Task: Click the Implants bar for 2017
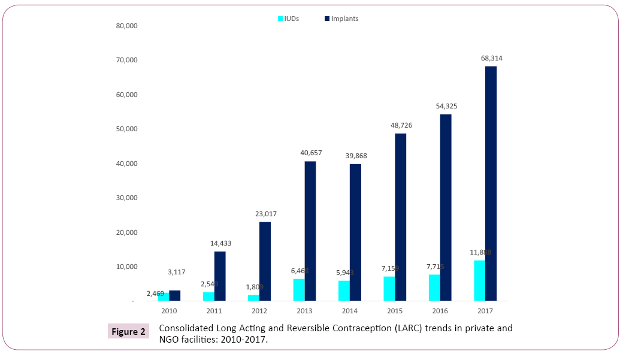[491, 183]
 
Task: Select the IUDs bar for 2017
[479, 280]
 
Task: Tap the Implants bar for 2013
[310, 231]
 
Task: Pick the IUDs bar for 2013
[298, 289]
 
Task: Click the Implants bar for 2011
[220, 276]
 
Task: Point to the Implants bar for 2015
[400, 217]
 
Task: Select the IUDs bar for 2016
[434, 288]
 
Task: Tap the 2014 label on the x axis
[350, 311]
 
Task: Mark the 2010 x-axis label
[169, 311]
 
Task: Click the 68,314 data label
[491, 58]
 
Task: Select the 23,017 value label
[265, 214]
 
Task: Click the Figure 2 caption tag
[128, 331]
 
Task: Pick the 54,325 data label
[446, 106]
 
